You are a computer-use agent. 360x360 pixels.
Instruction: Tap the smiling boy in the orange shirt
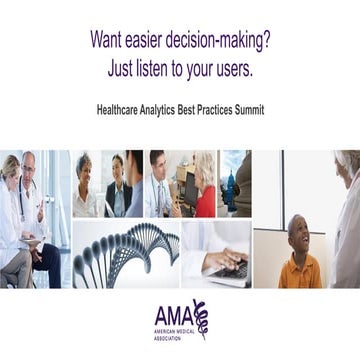pos(298,256)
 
